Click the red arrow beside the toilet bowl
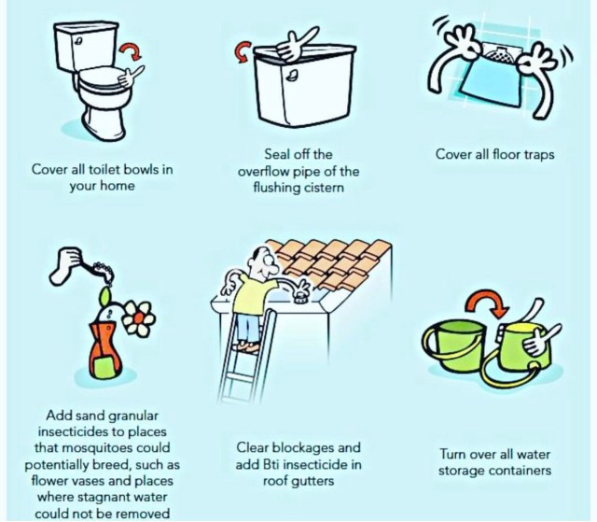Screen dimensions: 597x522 [x=132, y=50]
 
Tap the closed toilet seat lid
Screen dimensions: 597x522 [x=102, y=77]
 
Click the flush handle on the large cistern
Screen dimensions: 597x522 [x=292, y=75]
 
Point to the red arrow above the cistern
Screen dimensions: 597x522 [x=243, y=51]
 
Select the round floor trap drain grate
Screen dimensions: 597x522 [x=500, y=54]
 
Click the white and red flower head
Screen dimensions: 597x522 [x=139, y=318]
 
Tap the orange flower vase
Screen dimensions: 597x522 [x=105, y=350]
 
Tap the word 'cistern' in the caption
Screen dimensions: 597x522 [x=326, y=188]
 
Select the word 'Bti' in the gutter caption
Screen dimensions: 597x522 [x=271, y=464]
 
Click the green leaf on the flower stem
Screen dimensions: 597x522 [x=104, y=297]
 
